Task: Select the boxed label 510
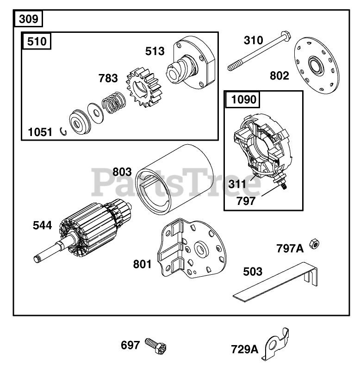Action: (37, 41)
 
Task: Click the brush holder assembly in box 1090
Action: (261, 143)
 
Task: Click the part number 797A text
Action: (290, 248)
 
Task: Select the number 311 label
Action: (238, 183)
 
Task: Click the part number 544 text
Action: (42, 225)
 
